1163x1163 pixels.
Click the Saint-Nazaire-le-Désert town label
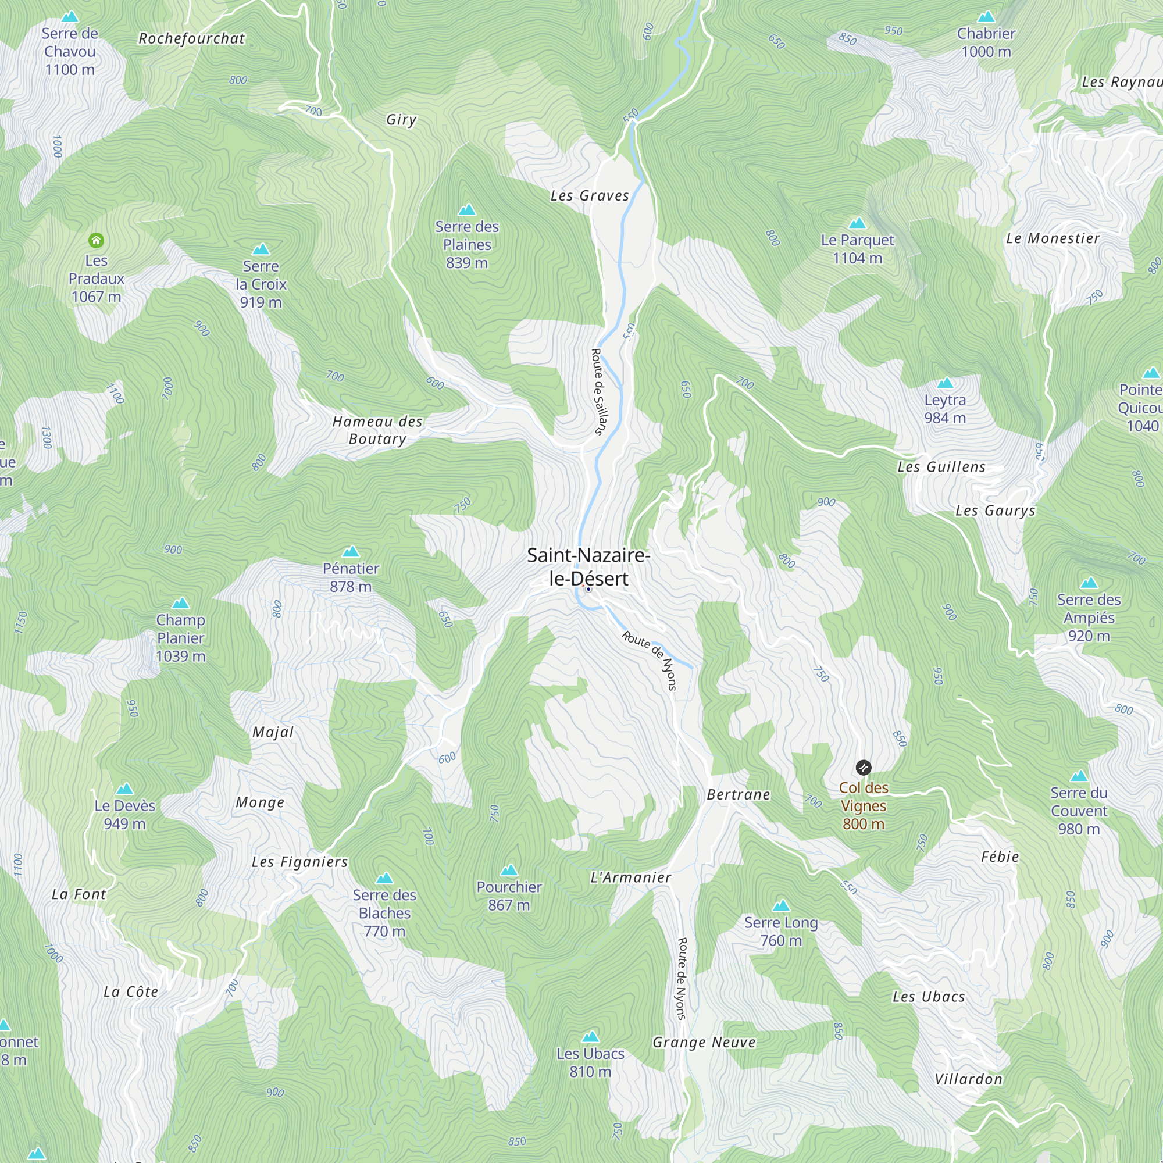click(x=588, y=566)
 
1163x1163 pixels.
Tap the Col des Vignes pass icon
click(x=863, y=768)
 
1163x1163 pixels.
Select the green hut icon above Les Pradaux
click(x=97, y=241)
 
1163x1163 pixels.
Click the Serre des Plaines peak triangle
click(x=467, y=209)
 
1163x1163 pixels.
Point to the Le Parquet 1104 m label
click(x=857, y=249)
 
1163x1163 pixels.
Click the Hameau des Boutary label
click(x=377, y=430)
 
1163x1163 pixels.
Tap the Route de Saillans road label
click(x=598, y=391)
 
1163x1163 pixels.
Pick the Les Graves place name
click(x=589, y=195)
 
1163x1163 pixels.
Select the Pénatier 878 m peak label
click(x=351, y=577)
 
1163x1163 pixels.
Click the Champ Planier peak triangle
click(x=181, y=603)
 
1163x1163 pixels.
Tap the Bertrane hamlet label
click(x=738, y=794)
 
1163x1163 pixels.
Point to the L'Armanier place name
click(x=630, y=877)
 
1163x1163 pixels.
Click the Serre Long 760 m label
click(x=781, y=931)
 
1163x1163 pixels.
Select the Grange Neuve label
click(x=704, y=1043)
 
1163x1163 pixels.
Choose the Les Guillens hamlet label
click(x=941, y=467)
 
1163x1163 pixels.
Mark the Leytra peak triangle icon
click(x=945, y=383)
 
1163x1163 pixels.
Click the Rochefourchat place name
click(x=191, y=38)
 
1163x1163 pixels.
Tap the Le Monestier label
click(x=1053, y=238)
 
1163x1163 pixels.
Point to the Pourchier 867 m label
click(x=509, y=896)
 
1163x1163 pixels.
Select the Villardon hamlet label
click(x=969, y=1079)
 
